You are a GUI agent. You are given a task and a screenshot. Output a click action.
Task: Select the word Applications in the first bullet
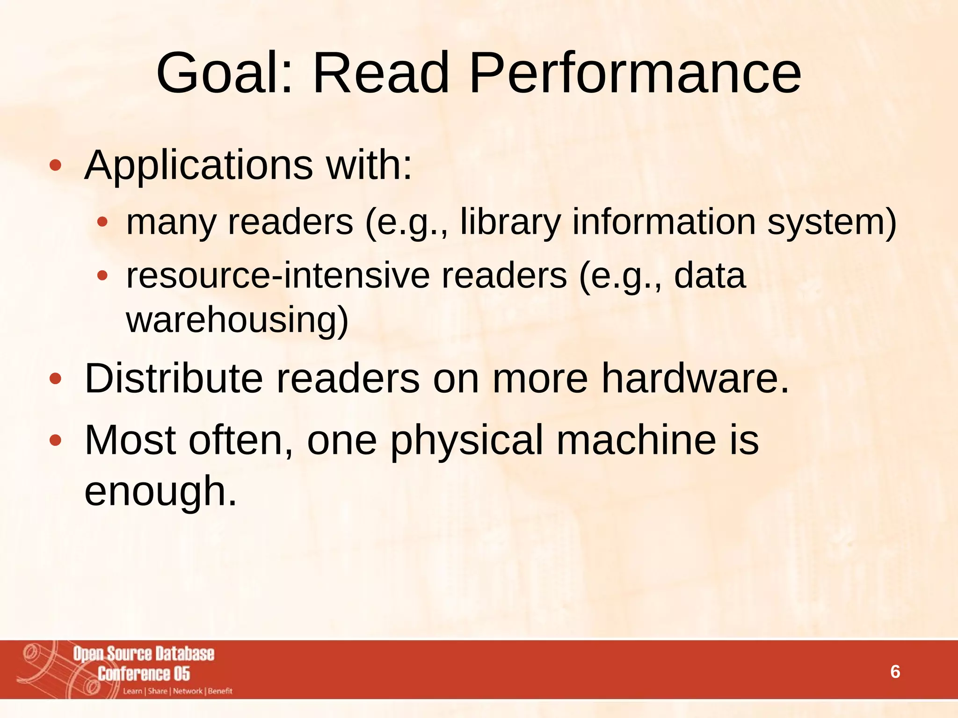coord(198,166)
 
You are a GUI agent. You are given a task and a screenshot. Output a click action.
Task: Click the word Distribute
coord(174,378)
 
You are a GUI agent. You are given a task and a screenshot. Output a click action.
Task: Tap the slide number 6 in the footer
coord(895,672)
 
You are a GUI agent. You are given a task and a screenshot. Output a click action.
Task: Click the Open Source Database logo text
coord(144,653)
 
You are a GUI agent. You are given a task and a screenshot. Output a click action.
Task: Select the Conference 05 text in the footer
coord(144,674)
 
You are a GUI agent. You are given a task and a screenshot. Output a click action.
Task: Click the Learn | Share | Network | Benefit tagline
coord(177,691)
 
